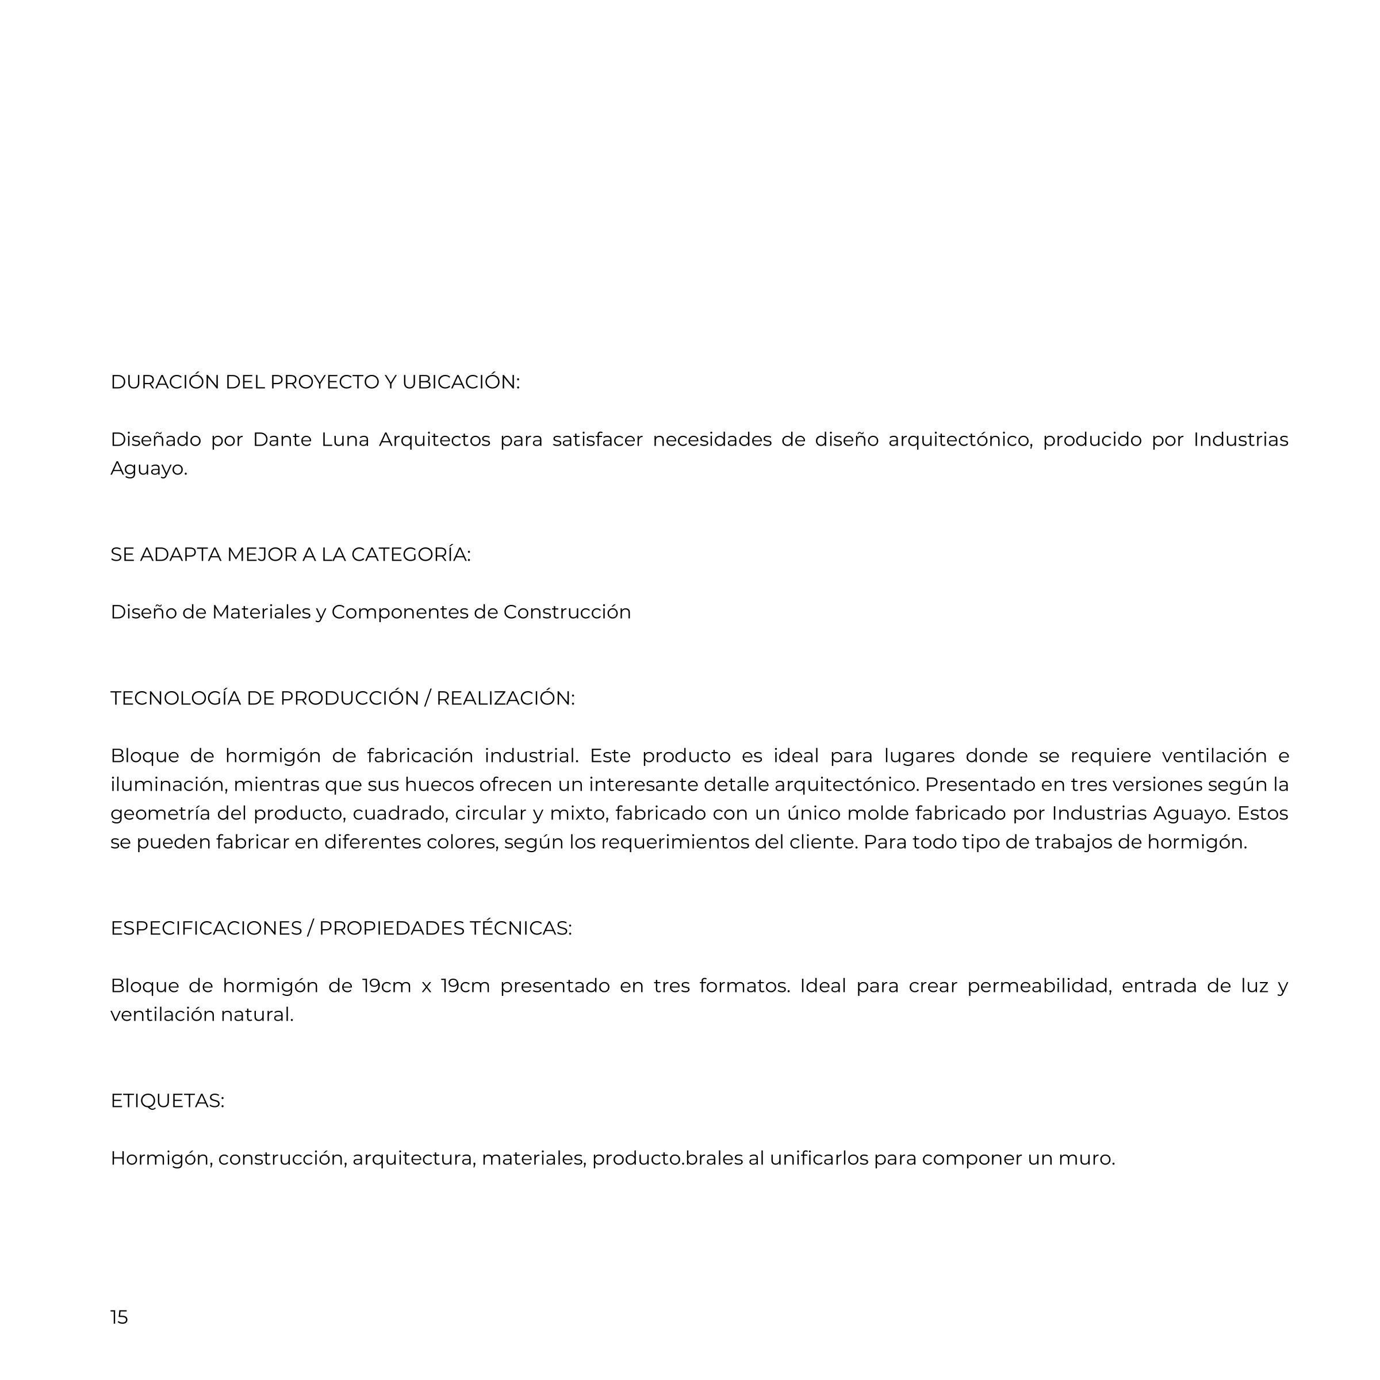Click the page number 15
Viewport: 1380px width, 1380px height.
click(119, 1316)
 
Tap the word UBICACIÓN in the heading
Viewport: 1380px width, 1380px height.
click(461, 382)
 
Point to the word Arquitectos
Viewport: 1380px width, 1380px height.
click(434, 439)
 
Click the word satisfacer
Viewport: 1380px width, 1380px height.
click(597, 439)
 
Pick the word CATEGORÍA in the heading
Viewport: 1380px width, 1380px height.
click(411, 554)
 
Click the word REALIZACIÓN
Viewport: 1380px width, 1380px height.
click(505, 698)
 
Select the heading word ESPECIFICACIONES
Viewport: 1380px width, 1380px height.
click(206, 928)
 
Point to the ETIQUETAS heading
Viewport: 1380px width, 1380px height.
click(167, 1101)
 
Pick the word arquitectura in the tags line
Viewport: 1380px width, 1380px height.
click(413, 1159)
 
